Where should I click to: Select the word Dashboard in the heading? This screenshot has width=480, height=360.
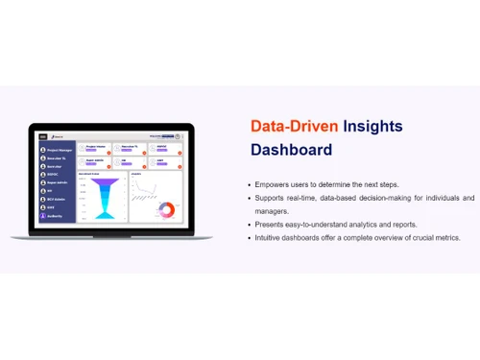coord(291,150)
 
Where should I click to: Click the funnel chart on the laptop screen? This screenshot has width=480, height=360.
coord(100,197)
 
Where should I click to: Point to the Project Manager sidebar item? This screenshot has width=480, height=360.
coord(59,150)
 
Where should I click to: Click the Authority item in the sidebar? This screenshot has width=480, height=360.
coord(56,217)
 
